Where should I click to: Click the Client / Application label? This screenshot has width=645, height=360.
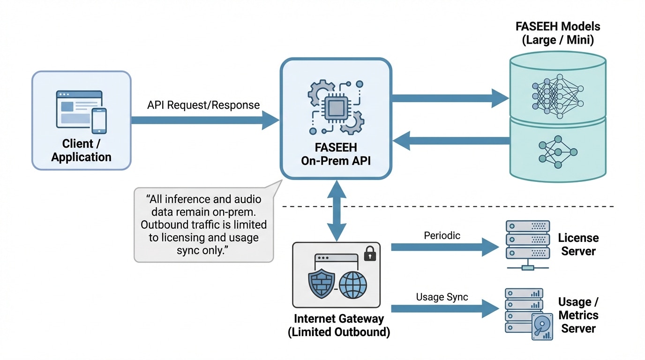click(81, 150)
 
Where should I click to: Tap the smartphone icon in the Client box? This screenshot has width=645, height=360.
click(99, 121)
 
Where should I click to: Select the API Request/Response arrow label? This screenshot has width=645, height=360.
click(203, 105)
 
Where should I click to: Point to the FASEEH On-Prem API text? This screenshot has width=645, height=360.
click(335, 155)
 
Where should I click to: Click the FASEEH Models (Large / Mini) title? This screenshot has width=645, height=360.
click(557, 33)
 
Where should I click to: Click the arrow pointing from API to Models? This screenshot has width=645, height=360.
click(450, 98)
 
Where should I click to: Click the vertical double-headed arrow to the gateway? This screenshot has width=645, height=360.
click(336, 211)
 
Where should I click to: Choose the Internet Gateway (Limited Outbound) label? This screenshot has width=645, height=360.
click(338, 325)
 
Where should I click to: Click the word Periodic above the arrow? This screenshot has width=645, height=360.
click(442, 236)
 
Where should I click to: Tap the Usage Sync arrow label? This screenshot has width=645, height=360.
click(442, 297)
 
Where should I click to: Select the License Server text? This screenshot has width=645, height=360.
click(578, 244)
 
